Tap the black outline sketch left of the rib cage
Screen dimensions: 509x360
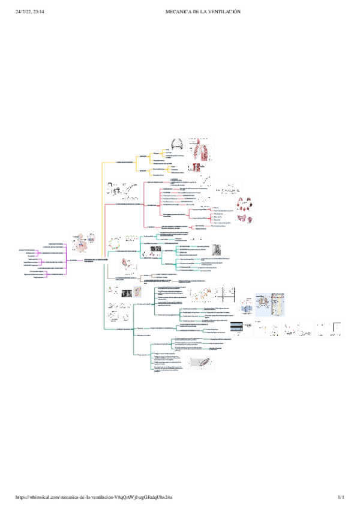point(177,145)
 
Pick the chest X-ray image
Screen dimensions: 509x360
point(127,293)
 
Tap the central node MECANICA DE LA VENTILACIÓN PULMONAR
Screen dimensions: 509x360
point(95,259)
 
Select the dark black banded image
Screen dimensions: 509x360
point(236,328)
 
